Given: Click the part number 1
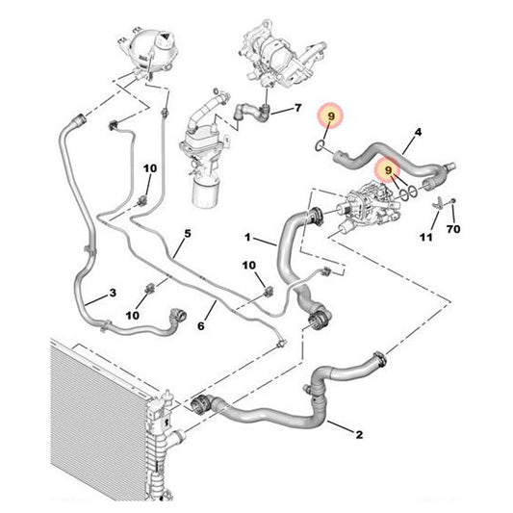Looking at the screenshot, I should coord(247,237).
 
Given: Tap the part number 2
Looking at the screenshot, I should coord(359,435).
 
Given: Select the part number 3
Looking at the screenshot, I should coord(113,294).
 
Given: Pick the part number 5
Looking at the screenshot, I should coord(188,233).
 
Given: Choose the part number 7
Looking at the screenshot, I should coord(297,108).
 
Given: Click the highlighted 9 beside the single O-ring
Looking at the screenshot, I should coord(330,115).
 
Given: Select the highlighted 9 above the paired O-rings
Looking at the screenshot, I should coord(389,169).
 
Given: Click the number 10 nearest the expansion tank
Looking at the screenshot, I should coord(149,169).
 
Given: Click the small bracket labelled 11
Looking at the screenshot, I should coord(439,202).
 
